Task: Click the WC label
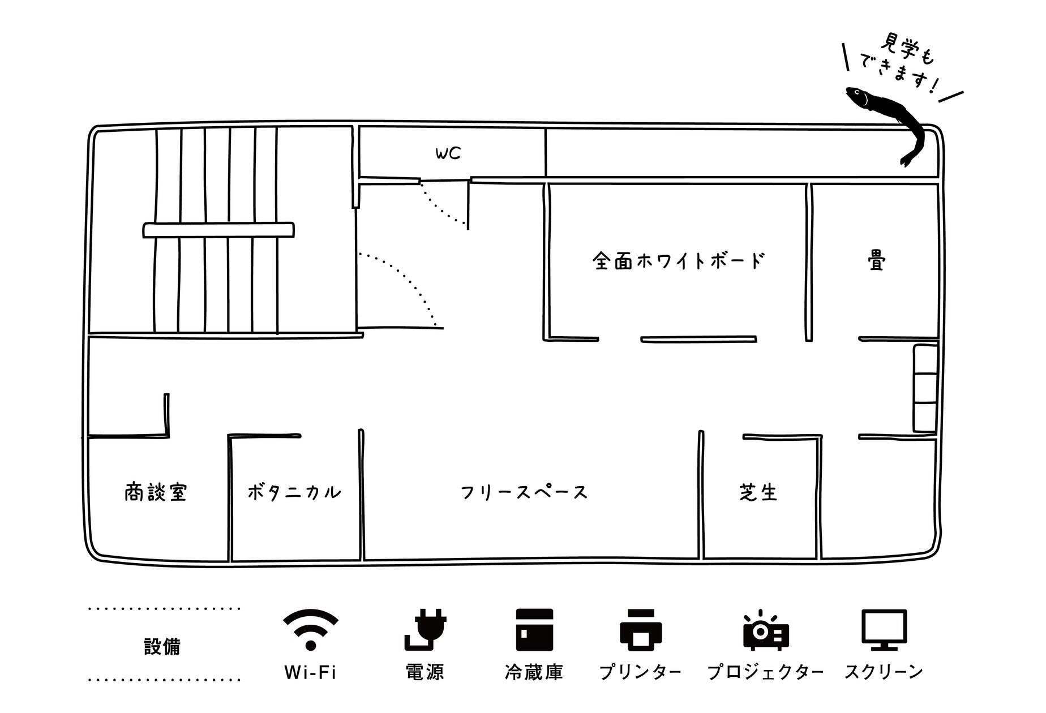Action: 448,153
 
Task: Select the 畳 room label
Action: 876,261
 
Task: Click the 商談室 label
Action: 156,492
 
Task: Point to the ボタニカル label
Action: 294,492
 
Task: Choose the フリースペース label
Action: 524,492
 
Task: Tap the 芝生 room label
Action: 758,492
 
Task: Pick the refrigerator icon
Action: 534,630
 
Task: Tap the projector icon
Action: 765,630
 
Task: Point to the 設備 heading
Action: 162,646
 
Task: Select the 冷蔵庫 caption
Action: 534,672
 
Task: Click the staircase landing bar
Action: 218,230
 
